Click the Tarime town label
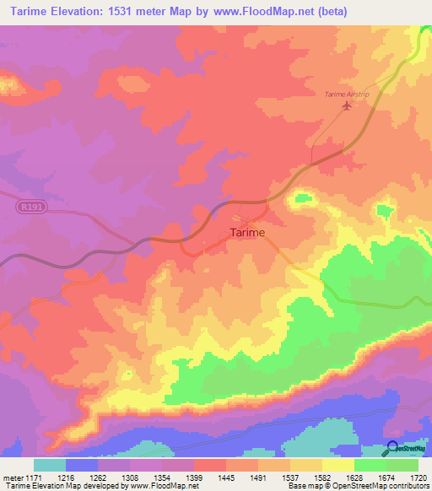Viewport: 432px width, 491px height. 247,232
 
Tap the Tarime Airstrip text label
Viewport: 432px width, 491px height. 348,94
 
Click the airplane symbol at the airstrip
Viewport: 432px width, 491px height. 345,105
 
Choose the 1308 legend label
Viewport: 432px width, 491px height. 111,478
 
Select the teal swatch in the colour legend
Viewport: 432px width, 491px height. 50,465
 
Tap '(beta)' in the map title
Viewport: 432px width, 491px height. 328,12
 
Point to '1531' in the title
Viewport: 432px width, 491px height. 132,12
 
